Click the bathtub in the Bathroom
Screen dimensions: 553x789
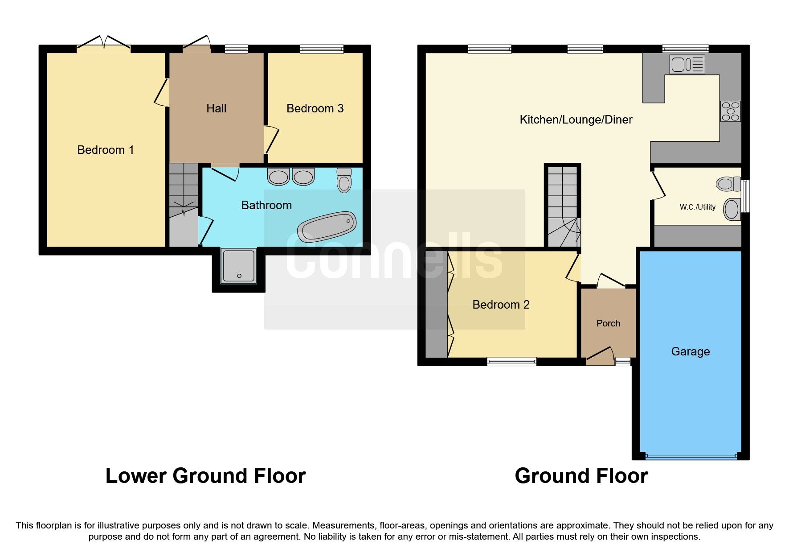click(327, 227)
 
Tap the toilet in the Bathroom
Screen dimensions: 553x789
click(344, 181)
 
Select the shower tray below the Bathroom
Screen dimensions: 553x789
click(239, 266)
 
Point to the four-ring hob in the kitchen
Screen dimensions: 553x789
click(731, 111)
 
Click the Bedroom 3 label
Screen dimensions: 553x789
click(315, 108)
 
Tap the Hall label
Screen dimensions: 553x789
click(217, 108)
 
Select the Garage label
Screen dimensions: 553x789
click(690, 351)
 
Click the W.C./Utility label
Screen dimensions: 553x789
click(697, 207)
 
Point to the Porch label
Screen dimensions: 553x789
click(608, 323)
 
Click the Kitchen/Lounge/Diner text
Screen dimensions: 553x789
click(576, 120)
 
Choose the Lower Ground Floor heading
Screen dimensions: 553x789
click(205, 476)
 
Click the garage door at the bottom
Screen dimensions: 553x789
click(691, 457)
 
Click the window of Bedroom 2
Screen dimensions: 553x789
click(511, 362)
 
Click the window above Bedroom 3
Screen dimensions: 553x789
click(322, 49)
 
